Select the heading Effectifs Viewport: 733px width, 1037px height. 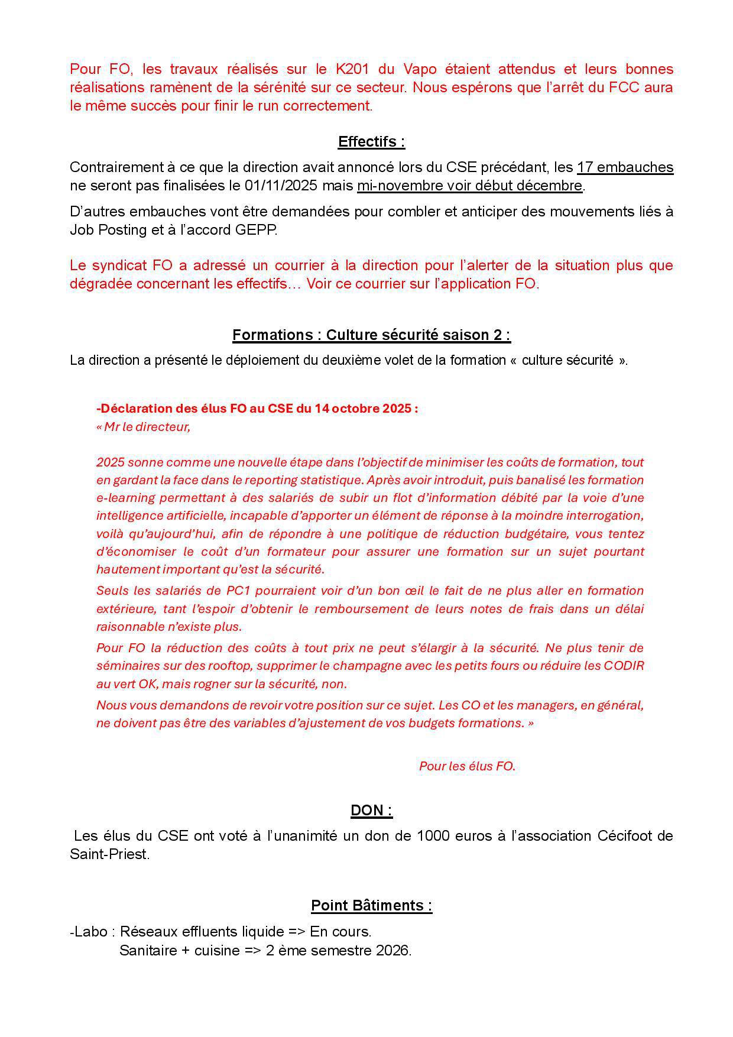[x=371, y=142]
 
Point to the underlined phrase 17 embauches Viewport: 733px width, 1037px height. [x=625, y=167]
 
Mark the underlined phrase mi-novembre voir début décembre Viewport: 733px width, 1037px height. [x=469, y=186]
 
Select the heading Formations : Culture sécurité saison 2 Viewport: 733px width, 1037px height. [x=371, y=335]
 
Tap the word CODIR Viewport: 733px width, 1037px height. [x=623, y=666]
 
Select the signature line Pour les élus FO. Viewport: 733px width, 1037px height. [x=467, y=766]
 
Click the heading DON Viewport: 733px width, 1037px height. [x=371, y=810]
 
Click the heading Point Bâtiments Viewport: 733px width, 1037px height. [x=371, y=906]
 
